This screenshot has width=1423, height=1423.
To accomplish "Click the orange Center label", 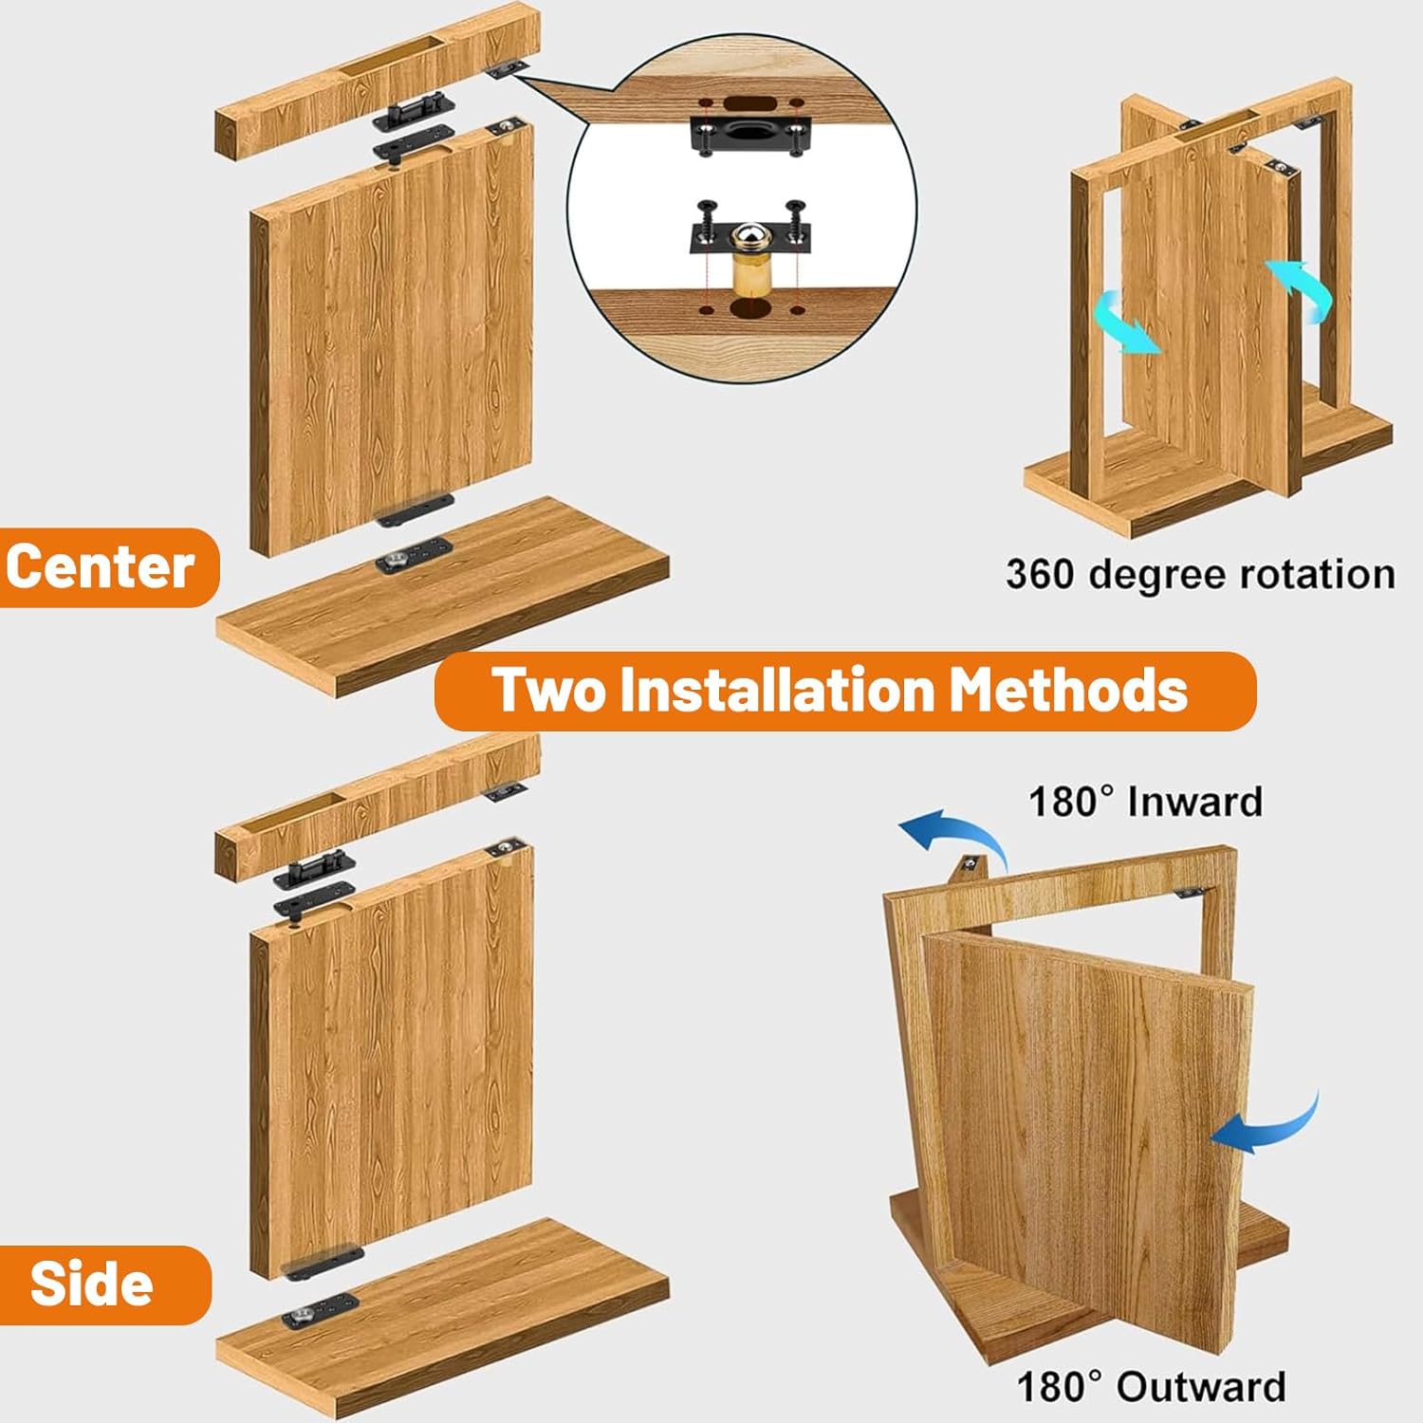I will click(x=102, y=567).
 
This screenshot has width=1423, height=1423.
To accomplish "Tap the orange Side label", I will click(x=93, y=1284).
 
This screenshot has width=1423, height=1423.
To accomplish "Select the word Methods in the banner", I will click(x=1068, y=690).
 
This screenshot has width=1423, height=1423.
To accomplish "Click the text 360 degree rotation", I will click(x=1200, y=575).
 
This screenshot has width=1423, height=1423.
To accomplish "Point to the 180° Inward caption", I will click(x=1145, y=802).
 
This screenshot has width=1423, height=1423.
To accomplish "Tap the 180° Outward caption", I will click(x=1151, y=1386).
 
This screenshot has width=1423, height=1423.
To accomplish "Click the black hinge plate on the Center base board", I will click(x=413, y=556).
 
